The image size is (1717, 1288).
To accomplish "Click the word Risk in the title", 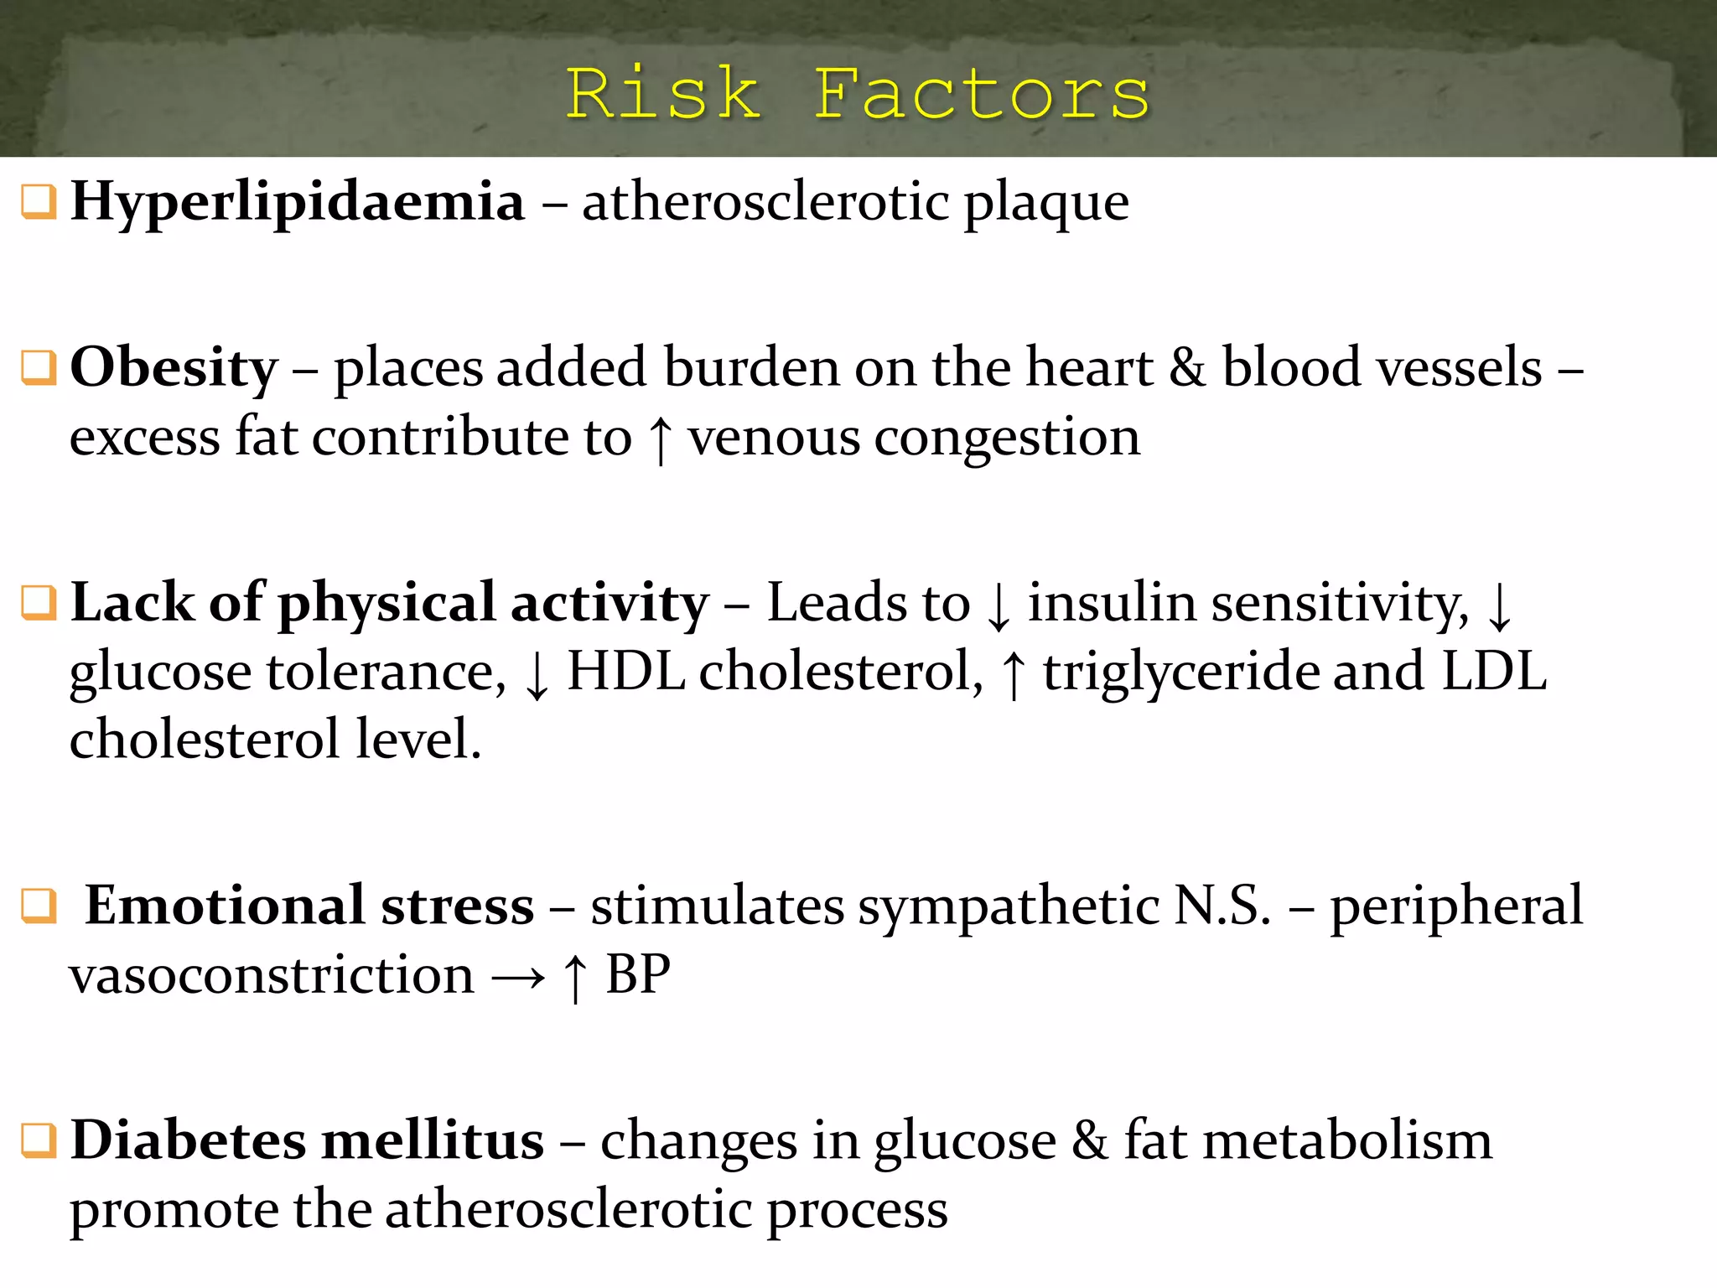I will pyautogui.click(x=662, y=94).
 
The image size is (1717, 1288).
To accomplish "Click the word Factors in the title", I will pyautogui.click(x=982, y=94).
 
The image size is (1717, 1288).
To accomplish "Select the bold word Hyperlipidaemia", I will pyautogui.click(x=298, y=202).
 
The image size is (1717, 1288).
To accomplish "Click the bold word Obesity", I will pyautogui.click(x=174, y=369).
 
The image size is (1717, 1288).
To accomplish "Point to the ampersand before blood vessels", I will pyautogui.click(x=1187, y=367).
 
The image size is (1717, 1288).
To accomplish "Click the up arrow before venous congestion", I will pyautogui.click(x=661, y=439).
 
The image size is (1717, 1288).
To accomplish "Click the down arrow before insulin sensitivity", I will pyautogui.click(x=999, y=605).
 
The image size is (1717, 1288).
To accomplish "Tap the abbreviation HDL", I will pyautogui.click(x=625, y=672).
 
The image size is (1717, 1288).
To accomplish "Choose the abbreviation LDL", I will pyautogui.click(x=1493, y=672).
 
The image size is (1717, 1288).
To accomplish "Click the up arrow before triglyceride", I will pyautogui.click(x=1014, y=674).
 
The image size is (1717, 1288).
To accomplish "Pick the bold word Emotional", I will pyautogui.click(x=225, y=906).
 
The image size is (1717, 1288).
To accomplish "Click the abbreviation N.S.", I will pyautogui.click(x=1222, y=906).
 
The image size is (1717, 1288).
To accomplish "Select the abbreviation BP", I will pyautogui.click(x=638, y=975).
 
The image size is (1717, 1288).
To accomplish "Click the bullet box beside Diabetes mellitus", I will pyautogui.click(x=38, y=1141).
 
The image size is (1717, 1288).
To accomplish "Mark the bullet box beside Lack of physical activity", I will pyautogui.click(x=38, y=603).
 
